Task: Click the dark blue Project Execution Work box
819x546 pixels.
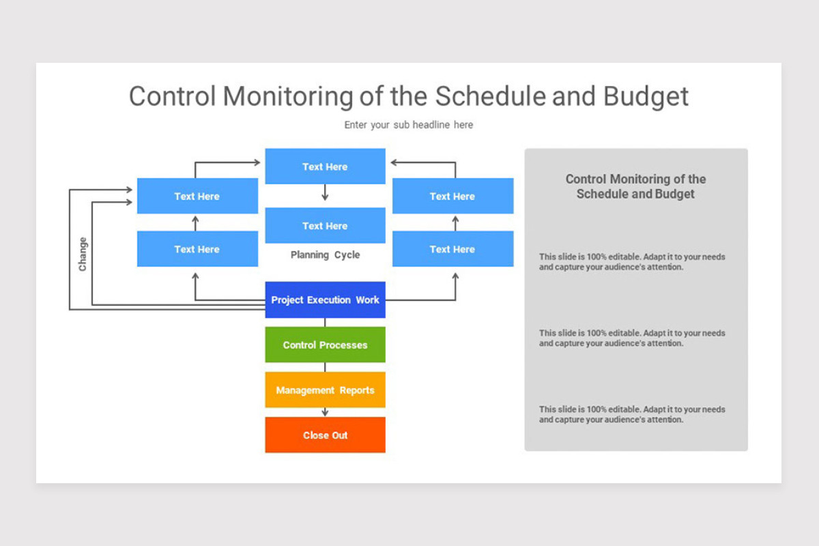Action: [x=325, y=300]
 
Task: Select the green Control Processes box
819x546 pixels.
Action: [x=325, y=345]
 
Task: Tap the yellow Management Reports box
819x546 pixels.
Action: [x=325, y=390]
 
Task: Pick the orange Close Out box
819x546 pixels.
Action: [x=325, y=435]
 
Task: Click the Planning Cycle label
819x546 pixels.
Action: [x=325, y=255]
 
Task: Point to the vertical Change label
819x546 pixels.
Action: [x=83, y=254]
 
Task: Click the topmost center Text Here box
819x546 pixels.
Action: [x=325, y=167]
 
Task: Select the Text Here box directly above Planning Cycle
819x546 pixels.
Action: [x=325, y=226]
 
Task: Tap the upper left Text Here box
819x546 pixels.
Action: [x=197, y=197]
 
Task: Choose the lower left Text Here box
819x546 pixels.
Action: [x=197, y=249]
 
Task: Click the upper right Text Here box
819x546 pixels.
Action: [x=452, y=197]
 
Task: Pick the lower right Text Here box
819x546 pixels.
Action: [x=452, y=249]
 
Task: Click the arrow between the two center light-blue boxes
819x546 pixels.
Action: [x=325, y=194]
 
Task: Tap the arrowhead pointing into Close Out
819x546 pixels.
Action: [x=325, y=413]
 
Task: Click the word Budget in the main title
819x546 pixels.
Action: [x=646, y=96]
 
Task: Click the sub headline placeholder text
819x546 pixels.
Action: [x=408, y=125]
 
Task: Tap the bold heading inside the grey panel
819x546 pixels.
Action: [x=635, y=186]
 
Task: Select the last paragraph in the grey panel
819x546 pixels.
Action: [x=632, y=414]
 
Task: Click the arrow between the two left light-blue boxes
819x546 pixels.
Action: [x=195, y=222]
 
